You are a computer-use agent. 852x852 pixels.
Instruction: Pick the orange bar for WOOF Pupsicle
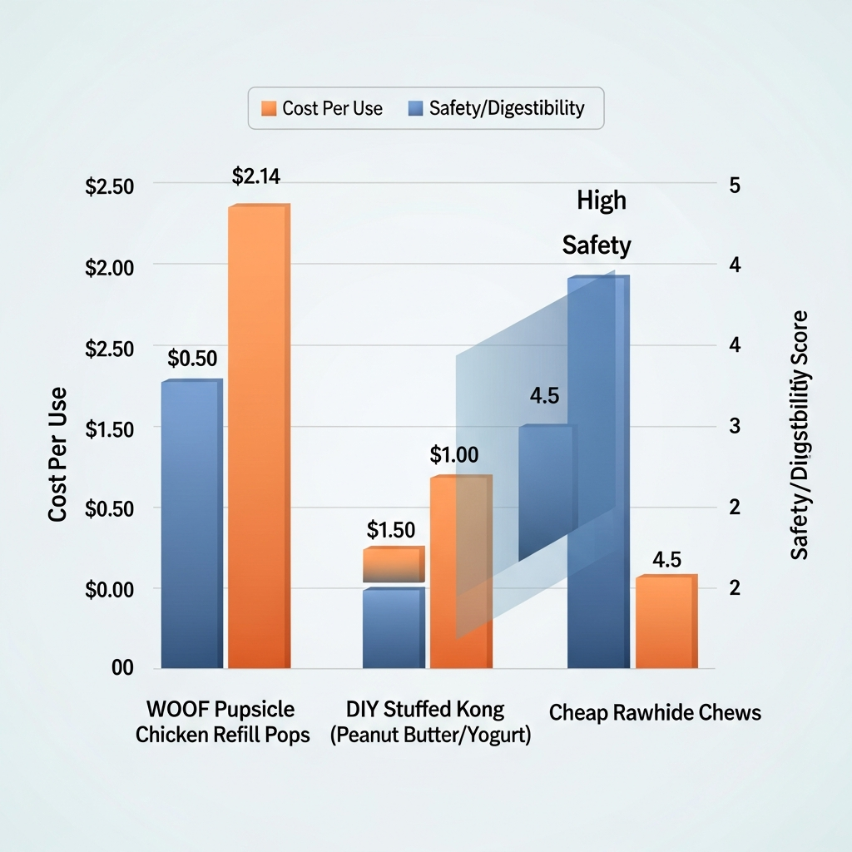[258, 437]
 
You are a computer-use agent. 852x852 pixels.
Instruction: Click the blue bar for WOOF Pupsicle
[191, 524]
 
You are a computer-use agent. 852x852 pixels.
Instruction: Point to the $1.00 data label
[454, 455]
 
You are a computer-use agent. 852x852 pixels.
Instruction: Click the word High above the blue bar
[601, 201]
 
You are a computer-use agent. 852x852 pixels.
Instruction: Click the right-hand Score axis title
[800, 435]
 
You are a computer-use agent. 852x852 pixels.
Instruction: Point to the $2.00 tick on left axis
[110, 267]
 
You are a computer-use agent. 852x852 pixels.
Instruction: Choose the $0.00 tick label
[110, 589]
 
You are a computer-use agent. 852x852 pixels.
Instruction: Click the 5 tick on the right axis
[734, 185]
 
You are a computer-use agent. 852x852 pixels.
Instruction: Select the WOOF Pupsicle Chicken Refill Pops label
[222, 722]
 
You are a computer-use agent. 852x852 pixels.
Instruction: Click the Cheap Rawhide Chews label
[655, 713]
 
